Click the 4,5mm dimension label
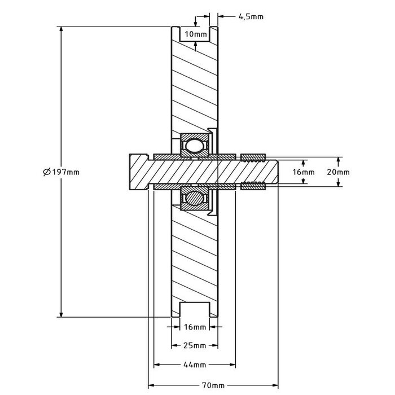coord(251,17)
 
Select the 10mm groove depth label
coord(195,34)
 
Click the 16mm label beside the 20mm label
coord(304,172)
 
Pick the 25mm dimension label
coord(195,345)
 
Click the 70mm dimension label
coord(214,385)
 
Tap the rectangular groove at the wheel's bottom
coord(195,310)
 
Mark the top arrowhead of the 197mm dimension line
coord(60,29)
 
